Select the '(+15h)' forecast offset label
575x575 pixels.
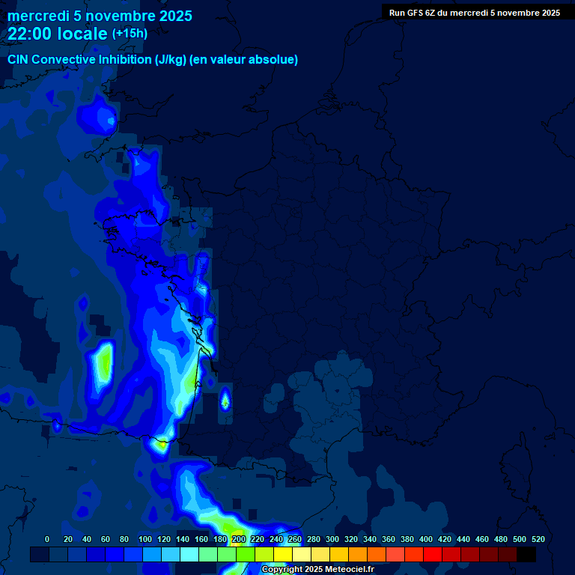[x=130, y=33]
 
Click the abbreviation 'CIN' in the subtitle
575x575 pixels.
[x=19, y=59]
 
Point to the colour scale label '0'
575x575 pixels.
[x=47, y=539]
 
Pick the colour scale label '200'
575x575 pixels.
[x=238, y=539]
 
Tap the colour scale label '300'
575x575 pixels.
[x=332, y=539]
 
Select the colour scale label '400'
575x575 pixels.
[x=426, y=539]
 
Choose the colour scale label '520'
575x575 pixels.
[x=538, y=539]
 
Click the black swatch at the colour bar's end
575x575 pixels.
[x=526, y=554]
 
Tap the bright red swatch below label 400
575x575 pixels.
[x=433, y=554]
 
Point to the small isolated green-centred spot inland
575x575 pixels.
[x=225, y=402]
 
